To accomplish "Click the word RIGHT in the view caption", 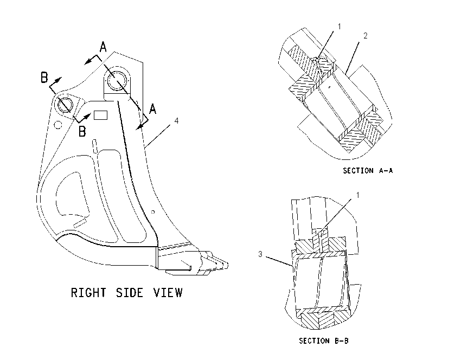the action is (x=88, y=292).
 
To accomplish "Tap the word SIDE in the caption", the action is (x=130, y=292).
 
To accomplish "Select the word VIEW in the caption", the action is (x=168, y=292).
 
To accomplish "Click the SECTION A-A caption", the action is (x=368, y=170).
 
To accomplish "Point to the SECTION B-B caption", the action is (x=324, y=340).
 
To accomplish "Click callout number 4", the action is (x=176, y=120).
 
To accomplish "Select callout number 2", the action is (x=366, y=36).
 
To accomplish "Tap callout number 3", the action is (x=260, y=254).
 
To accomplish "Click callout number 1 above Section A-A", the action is (x=340, y=27).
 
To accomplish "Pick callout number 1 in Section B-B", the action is (x=358, y=195).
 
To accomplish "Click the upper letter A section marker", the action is (x=103, y=47).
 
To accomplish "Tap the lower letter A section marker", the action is (x=152, y=109).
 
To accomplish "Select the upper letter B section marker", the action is (x=44, y=78).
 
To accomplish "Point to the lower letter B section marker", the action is (x=82, y=131).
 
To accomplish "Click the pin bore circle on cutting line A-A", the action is (x=117, y=80).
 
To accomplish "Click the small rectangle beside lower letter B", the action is (x=100, y=115).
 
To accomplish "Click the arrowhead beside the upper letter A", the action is (x=87, y=62).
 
